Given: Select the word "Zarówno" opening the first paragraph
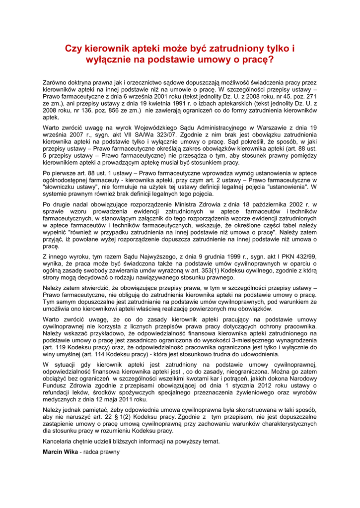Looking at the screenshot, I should point(55,82).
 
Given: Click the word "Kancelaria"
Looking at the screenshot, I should point(58,442).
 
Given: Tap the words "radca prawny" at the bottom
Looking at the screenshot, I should point(101,452).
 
